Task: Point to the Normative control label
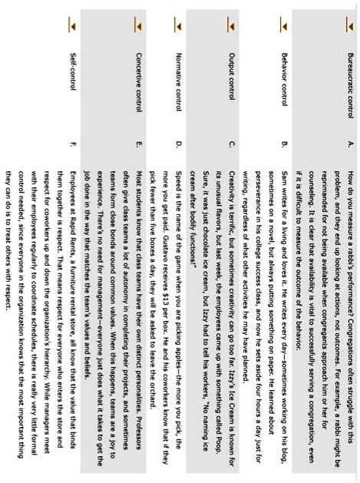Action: click(x=179, y=77)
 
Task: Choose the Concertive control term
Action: click(x=137, y=78)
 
